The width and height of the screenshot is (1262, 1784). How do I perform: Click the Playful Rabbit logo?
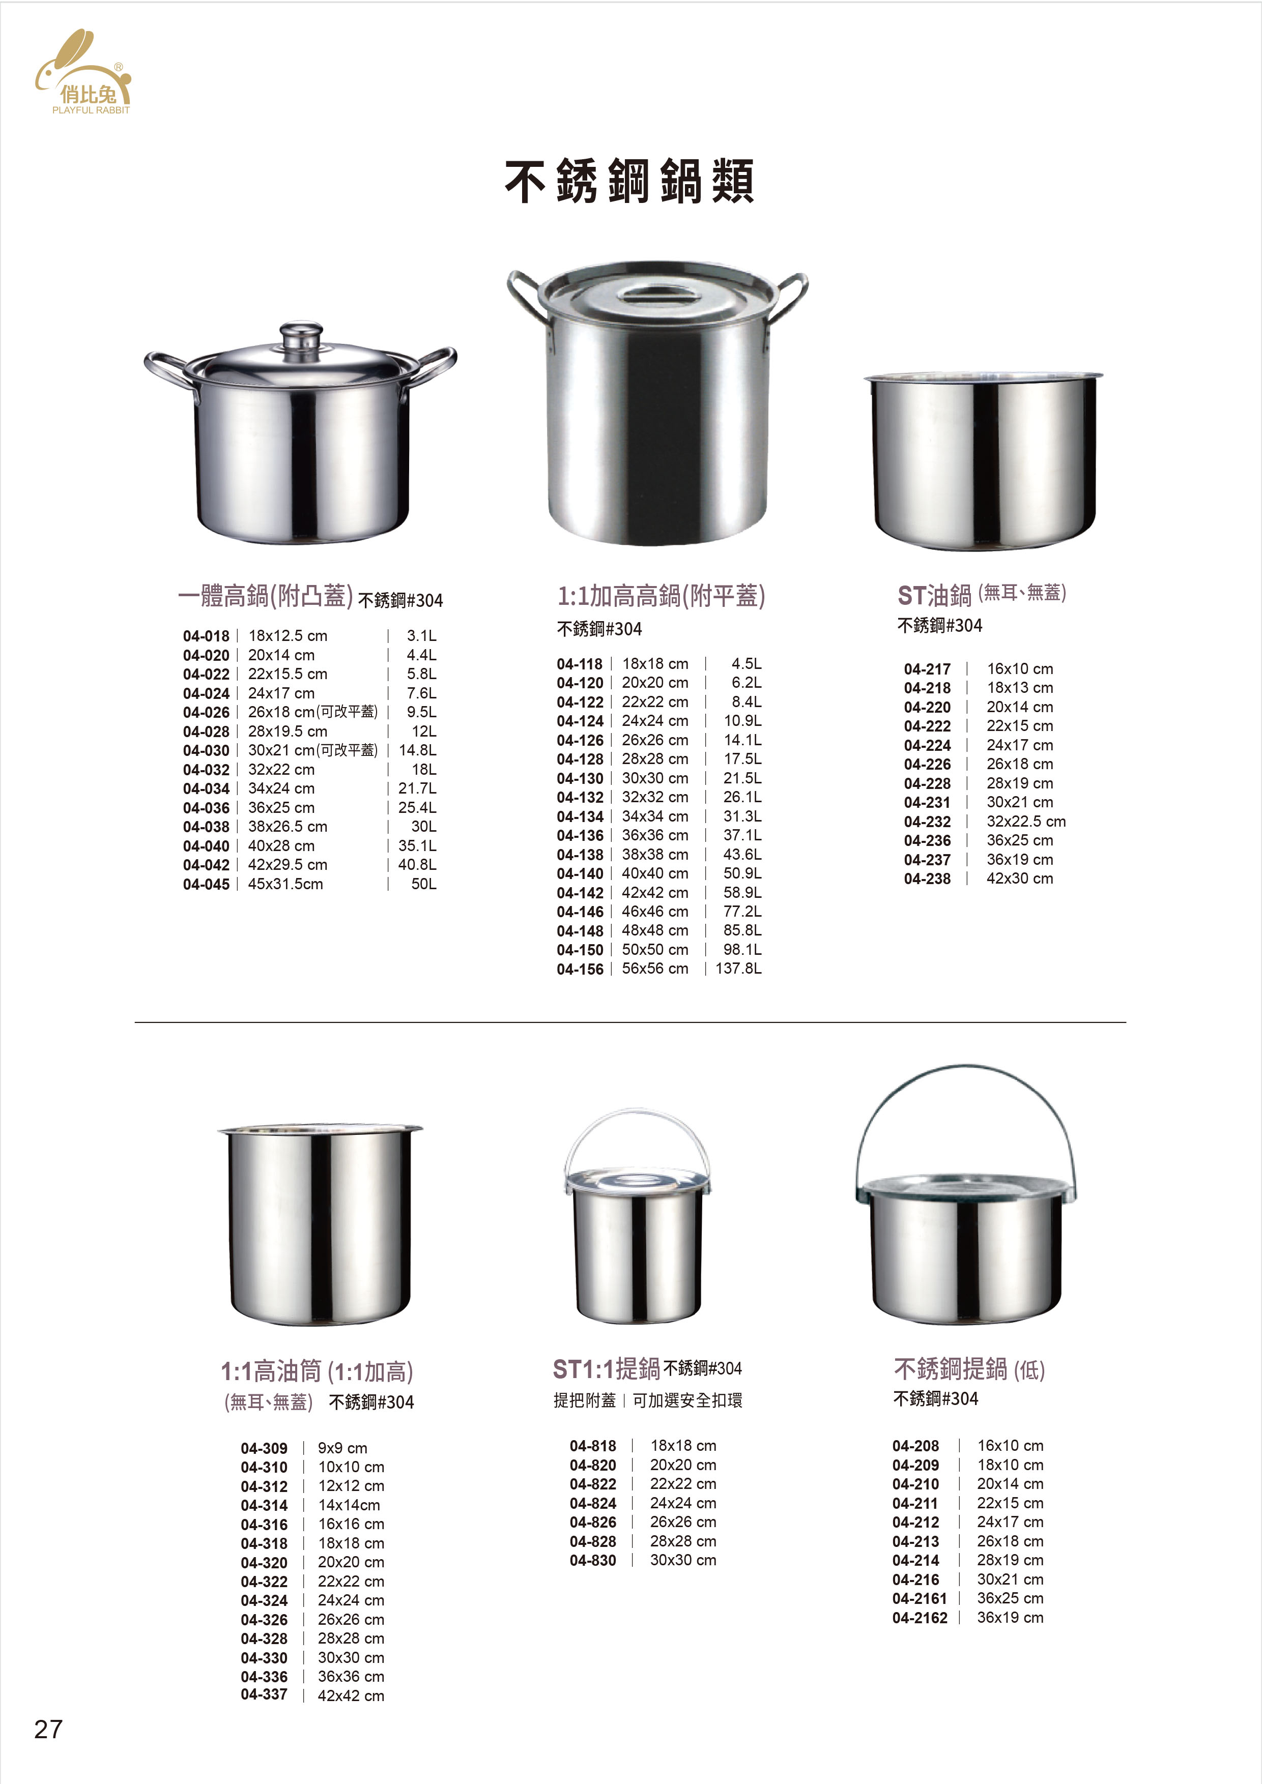click(83, 74)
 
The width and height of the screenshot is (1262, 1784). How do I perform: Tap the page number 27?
click(48, 1729)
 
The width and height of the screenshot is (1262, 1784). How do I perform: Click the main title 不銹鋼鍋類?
click(629, 182)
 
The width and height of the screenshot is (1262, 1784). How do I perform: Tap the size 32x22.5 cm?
click(1026, 822)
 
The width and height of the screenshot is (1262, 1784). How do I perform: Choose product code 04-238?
click(927, 879)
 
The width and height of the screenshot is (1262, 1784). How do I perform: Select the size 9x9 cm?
click(342, 1448)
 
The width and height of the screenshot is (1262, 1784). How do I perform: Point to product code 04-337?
click(264, 1694)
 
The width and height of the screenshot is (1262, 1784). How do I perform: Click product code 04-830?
click(593, 1560)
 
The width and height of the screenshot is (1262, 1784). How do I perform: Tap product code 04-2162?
click(920, 1618)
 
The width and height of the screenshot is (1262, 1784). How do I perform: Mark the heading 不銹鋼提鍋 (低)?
click(969, 1369)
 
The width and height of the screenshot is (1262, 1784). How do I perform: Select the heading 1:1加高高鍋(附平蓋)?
click(662, 596)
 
